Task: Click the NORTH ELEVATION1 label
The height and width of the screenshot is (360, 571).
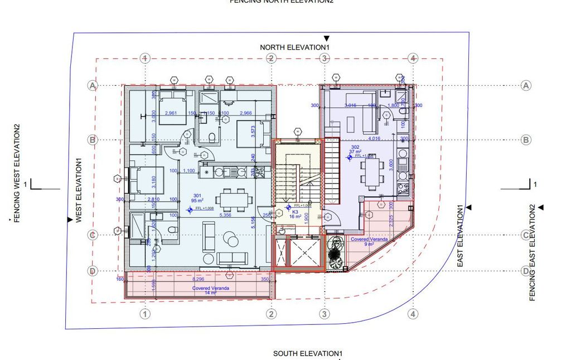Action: point(295,47)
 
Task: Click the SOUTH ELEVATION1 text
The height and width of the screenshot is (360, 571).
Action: point(307,354)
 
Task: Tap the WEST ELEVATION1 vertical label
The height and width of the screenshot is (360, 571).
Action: point(79,191)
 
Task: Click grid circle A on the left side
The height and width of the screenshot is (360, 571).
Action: point(93,85)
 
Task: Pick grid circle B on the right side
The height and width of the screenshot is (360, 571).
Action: point(525,140)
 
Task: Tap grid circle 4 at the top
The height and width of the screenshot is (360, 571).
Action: point(413,58)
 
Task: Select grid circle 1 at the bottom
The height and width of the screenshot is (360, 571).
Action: point(144,314)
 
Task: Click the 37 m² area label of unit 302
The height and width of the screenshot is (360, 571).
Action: point(356,151)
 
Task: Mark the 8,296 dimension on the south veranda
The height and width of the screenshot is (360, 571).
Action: point(199,279)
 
